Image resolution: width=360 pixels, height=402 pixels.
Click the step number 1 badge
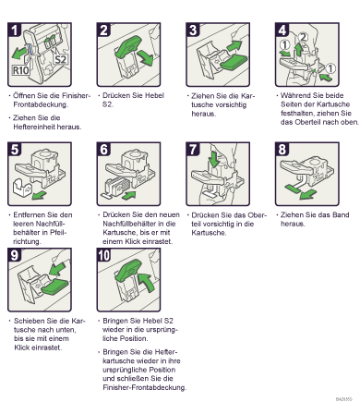click(x=14, y=30)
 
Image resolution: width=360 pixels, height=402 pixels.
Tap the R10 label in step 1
click(x=20, y=70)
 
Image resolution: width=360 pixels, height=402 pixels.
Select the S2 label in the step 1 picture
click(x=60, y=59)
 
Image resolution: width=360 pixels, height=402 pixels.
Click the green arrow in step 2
click(x=145, y=57)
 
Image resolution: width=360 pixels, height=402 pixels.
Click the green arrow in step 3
click(x=234, y=45)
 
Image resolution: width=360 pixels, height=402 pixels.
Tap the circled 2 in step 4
click(x=303, y=37)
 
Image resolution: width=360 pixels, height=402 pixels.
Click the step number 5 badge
click(x=14, y=150)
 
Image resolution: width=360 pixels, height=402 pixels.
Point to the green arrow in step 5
click(x=39, y=195)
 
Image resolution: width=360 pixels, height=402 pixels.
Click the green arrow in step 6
click(x=128, y=195)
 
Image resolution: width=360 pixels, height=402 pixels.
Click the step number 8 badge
click(x=282, y=150)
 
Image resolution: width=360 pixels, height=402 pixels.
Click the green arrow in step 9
click(x=57, y=268)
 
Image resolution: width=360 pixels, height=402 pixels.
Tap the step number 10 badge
click(x=104, y=255)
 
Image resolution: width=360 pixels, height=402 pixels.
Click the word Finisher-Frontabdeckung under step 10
click(x=145, y=387)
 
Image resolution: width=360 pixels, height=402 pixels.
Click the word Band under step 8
click(x=341, y=214)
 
